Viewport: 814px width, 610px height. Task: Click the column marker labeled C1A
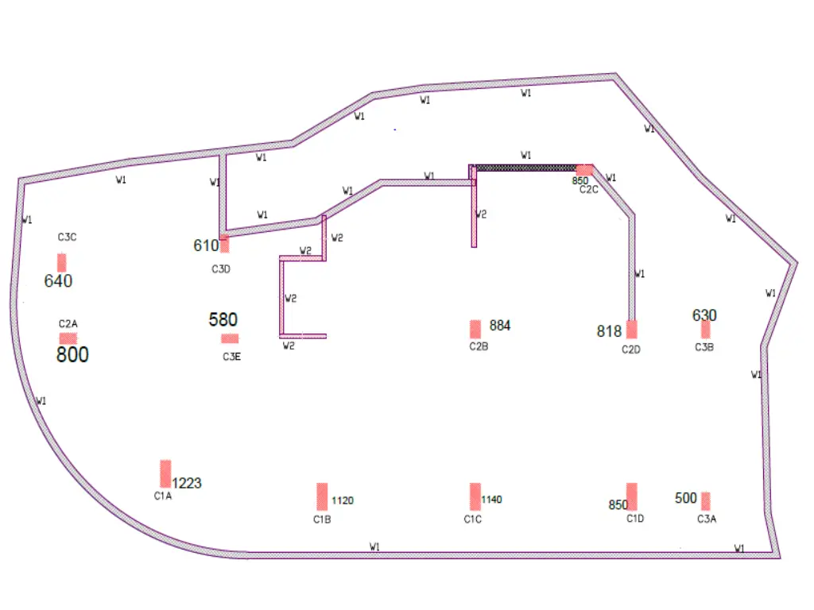(165, 473)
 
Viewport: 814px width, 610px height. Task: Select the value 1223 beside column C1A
(187, 483)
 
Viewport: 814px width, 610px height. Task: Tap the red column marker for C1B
(322, 496)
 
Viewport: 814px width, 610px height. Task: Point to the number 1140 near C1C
(492, 500)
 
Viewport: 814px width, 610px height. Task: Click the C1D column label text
(634, 519)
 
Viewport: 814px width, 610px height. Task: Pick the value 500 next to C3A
(685, 498)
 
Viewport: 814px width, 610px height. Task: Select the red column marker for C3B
(705, 330)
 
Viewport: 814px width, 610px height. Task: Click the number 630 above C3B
(704, 315)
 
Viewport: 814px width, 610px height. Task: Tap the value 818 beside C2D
(609, 331)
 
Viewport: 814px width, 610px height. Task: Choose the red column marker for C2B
(475, 329)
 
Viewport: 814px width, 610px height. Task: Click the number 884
(500, 326)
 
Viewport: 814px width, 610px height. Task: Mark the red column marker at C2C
(584, 170)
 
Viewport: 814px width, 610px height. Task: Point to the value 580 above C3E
(223, 320)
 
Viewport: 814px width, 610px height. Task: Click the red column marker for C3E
(230, 338)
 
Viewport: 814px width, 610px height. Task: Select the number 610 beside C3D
(206, 245)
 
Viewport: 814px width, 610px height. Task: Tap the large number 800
(72, 355)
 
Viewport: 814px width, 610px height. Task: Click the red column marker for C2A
(68, 338)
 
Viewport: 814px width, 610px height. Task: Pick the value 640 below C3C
(58, 281)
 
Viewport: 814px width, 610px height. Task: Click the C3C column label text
(67, 237)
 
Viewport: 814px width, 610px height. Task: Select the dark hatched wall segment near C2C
(525, 168)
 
